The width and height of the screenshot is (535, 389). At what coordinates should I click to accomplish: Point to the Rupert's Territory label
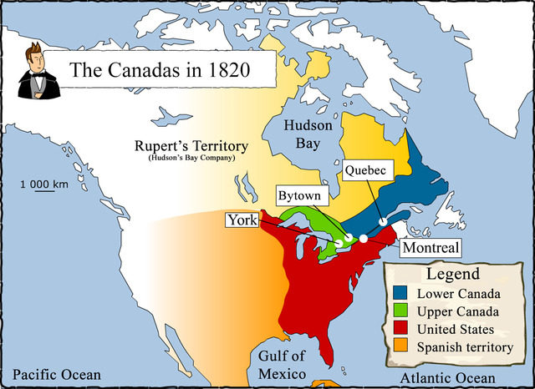point(192,145)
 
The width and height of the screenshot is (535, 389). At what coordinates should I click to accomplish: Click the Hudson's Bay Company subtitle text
point(192,158)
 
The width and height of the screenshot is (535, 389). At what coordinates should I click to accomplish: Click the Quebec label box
point(366,170)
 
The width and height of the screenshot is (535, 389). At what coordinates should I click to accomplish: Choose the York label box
point(241,220)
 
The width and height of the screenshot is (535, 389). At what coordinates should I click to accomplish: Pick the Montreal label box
point(431,249)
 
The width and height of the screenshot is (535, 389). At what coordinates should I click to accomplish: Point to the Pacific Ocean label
point(57,375)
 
